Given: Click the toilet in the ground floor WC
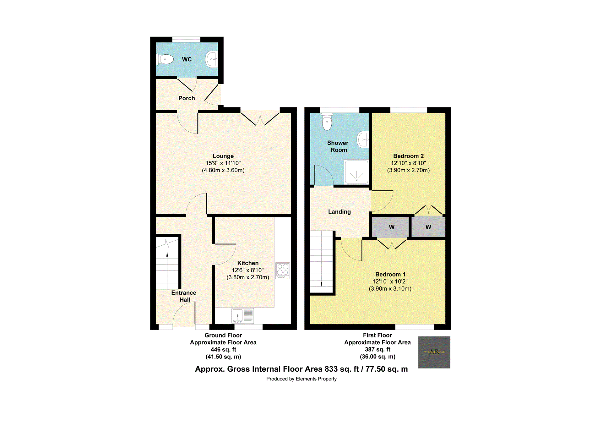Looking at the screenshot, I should tap(166, 59).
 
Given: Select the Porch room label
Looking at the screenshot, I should tap(187, 98).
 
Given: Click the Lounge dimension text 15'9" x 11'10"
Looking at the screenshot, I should tap(223, 163).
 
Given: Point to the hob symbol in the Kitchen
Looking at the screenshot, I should tap(283, 270).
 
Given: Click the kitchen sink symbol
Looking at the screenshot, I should tap(242, 315).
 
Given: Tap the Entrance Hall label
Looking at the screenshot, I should tap(184, 296).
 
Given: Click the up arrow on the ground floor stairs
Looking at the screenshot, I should tap(167, 254).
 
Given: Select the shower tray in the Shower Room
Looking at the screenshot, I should tap(356, 172).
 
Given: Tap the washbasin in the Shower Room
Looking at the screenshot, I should tap(363, 139).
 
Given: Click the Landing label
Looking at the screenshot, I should tap(339, 212).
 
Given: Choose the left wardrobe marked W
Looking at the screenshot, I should tap(391, 227).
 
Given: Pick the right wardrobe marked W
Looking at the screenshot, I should tap(428, 227).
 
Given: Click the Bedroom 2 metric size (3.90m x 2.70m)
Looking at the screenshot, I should tap(408, 170).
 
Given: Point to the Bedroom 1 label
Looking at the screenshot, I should tap(390, 274).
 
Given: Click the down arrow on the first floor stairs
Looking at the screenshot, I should tap(321, 284).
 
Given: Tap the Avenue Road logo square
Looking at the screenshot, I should tap(434, 352).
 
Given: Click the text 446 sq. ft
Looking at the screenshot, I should tap(223, 349).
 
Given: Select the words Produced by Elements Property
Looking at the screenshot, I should tap(301, 379).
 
